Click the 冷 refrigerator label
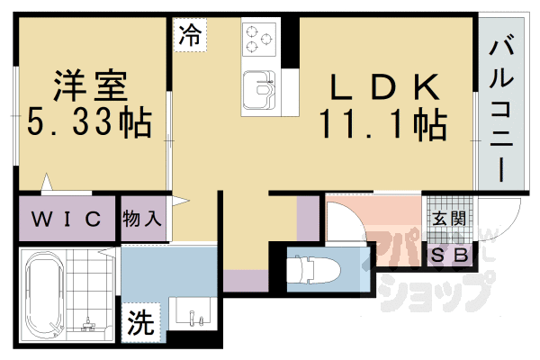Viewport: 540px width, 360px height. (190, 35)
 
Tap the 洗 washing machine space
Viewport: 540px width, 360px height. (141, 323)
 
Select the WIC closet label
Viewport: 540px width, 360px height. (67, 219)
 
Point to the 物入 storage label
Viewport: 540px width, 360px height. (141, 219)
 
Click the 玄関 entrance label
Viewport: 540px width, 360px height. (449, 219)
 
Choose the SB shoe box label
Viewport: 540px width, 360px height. (449, 256)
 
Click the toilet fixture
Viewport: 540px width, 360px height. (313, 270)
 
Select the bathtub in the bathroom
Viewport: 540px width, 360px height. (45, 295)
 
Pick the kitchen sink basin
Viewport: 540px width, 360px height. (259, 90)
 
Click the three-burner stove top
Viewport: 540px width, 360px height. (259, 39)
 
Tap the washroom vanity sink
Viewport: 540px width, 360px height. (193, 310)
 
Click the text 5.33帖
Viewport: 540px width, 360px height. (89, 123)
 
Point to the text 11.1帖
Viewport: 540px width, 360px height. (383, 124)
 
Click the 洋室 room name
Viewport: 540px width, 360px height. (90, 85)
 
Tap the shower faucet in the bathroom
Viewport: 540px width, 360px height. (89, 324)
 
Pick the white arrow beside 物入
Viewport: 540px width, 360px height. (180, 201)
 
